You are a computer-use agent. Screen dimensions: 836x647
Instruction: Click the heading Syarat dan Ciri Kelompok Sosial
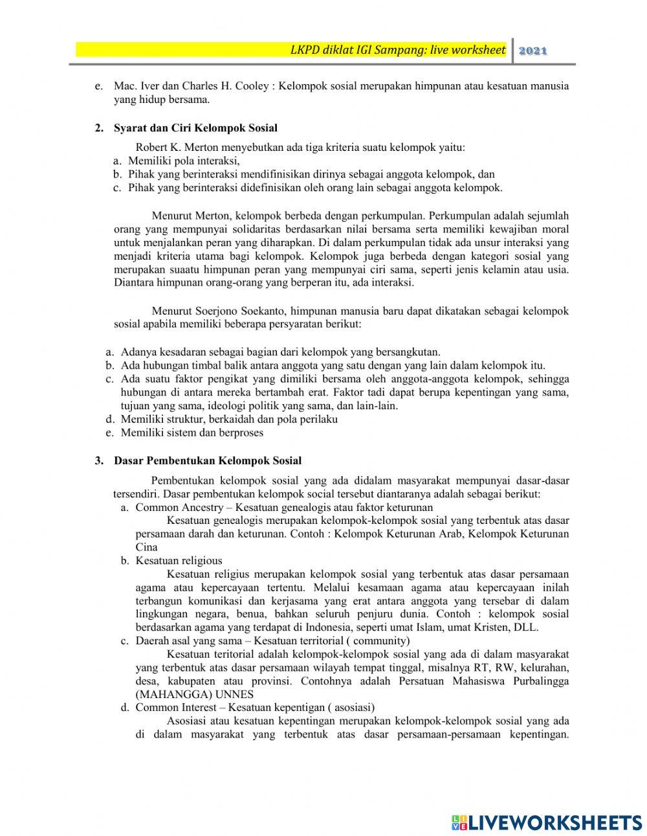(195, 128)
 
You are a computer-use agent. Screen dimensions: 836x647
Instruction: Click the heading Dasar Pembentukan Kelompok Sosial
(208, 461)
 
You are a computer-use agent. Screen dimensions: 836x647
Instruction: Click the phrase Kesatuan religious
(179, 561)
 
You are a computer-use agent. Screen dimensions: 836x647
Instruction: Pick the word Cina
(146, 547)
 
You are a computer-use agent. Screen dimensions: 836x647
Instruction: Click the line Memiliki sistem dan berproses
(192, 433)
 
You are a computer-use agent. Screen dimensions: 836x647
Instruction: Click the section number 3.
(98, 461)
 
